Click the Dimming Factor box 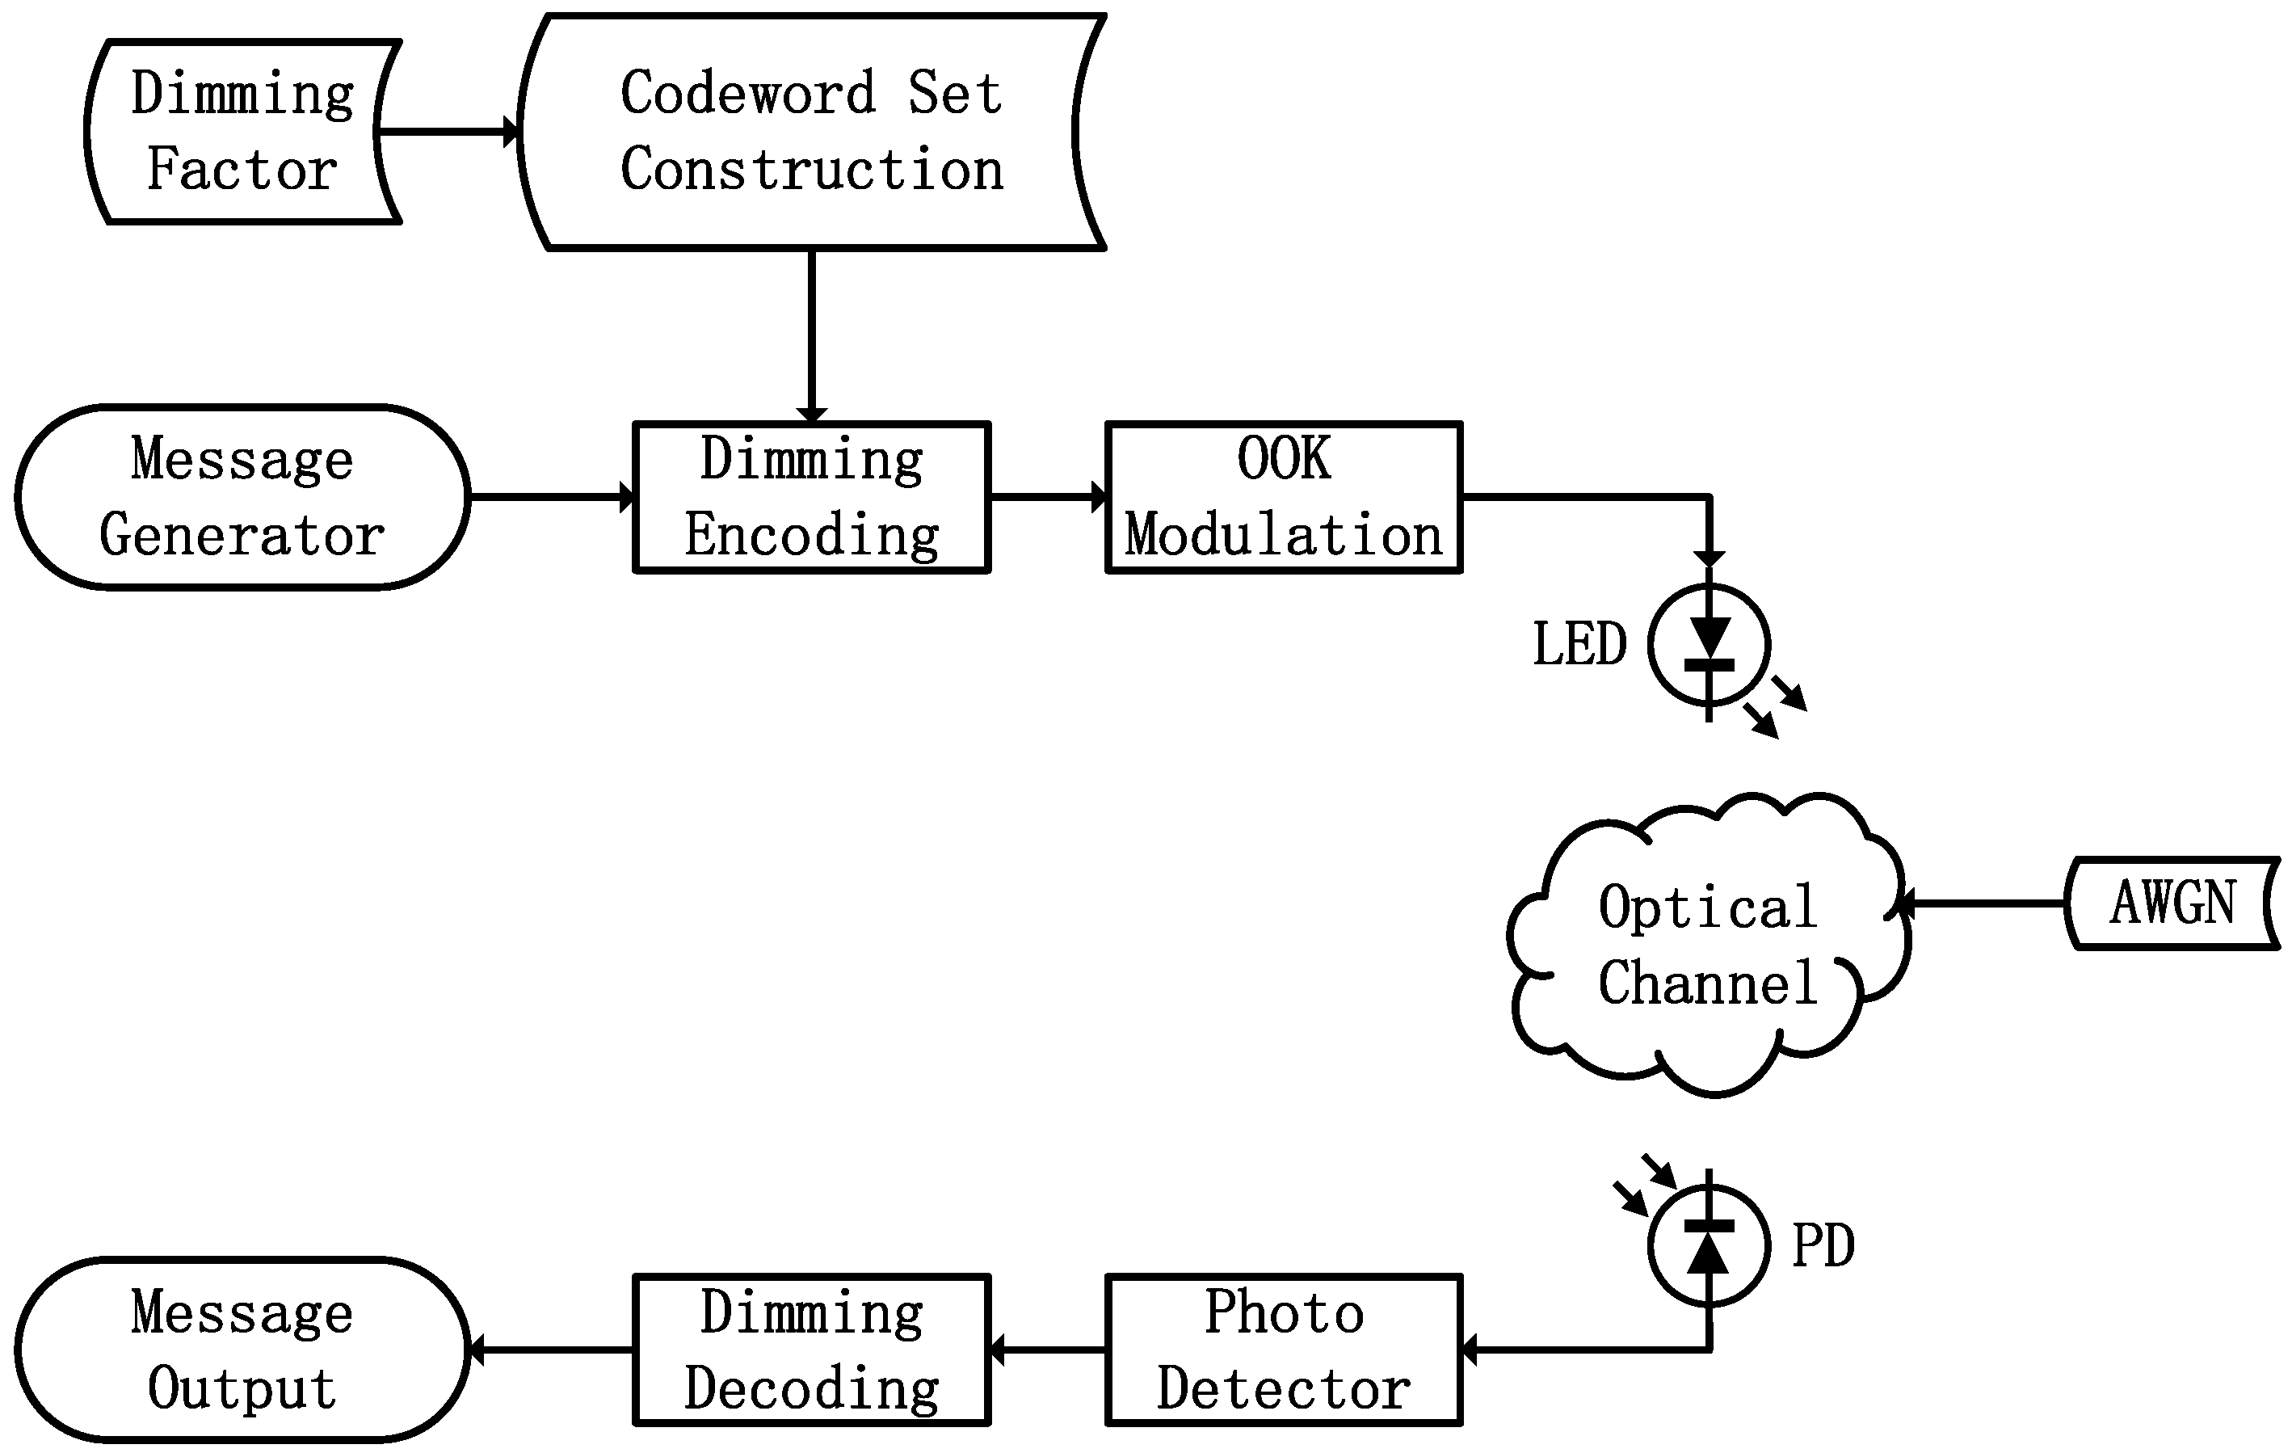[x=242, y=132]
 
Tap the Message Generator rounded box [x=242, y=496]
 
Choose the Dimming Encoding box [x=811, y=496]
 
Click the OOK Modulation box [x=1283, y=496]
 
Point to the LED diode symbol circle [x=1709, y=645]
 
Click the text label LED [x=1579, y=645]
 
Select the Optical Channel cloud [x=1709, y=945]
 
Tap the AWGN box [x=2172, y=903]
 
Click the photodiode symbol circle [x=1709, y=1245]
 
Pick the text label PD [x=1823, y=1245]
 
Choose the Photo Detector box [x=1283, y=1350]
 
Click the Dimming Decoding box [x=811, y=1350]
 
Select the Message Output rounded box [x=242, y=1350]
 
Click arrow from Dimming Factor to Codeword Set [x=448, y=132]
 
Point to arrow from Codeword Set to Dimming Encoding [x=811, y=333]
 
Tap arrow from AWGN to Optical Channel [x=1984, y=903]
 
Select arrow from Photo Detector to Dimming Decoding [x=1047, y=1350]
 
